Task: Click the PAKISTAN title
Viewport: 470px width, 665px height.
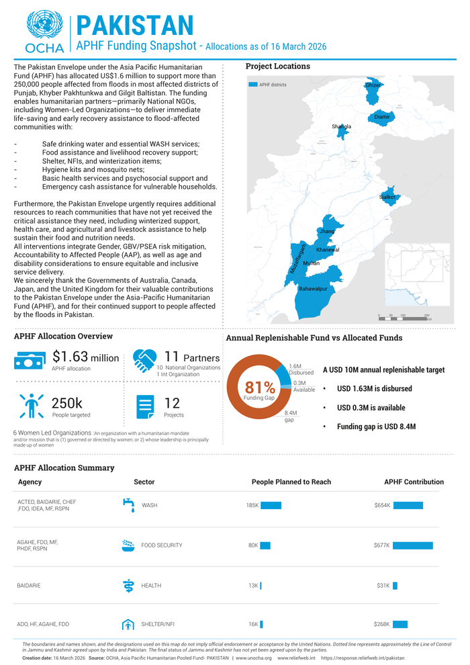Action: click(x=135, y=25)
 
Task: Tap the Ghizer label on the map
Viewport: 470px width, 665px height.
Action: click(x=373, y=85)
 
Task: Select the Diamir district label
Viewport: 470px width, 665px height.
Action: click(x=382, y=117)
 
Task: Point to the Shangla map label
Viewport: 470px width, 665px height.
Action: click(x=341, y=126)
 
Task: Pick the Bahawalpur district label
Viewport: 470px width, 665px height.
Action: click(x=313, y=288)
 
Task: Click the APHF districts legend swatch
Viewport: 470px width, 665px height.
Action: click(x=253, y=85)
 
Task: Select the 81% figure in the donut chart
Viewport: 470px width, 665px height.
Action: click(x=260, y=388)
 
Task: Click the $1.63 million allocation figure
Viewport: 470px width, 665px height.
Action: click(x=85, y=358)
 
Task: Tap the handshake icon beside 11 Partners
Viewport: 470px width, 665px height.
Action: click(x=145, y=361)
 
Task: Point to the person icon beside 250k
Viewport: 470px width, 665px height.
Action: click(x=31, y=405)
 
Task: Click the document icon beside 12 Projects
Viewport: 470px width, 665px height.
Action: click(x=145, y=406)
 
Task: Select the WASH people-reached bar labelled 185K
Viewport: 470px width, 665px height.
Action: click(x=271, y=505)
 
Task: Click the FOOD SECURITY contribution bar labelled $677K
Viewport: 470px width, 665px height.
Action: click(x=413, y=545)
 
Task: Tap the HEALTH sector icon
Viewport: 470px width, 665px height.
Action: click(x=128, y=585)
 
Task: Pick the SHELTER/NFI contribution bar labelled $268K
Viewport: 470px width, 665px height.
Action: click(x=400, y=624)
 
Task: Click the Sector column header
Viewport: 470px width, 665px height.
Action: click(x=144, y=482)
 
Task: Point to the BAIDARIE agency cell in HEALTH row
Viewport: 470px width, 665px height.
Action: click(x=29, y=586)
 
